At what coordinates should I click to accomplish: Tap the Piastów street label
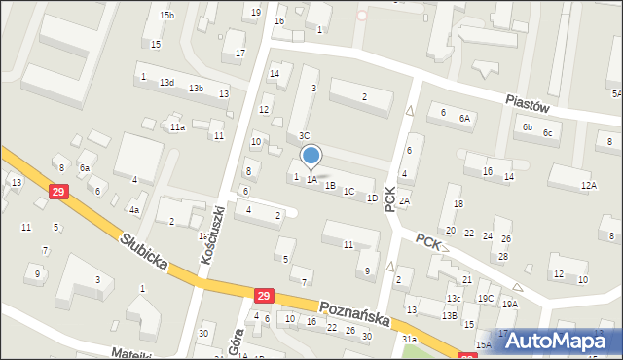click(x=530, y=101)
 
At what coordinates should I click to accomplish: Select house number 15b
click(x=167, y=16)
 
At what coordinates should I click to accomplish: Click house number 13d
click(x=167, y=83)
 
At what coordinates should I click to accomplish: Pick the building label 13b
click(x=196, y=89)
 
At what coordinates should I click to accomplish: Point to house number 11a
click(x=177, y=127)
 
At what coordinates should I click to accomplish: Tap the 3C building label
click(x=304, y=135)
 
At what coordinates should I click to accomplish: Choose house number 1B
click(x=330, y=185)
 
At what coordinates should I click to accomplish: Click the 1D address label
click(x=372, y=198)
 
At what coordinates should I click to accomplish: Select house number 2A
click(x=404, y=201)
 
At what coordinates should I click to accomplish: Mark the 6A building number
click(x=465, y=118)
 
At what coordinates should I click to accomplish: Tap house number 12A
click(x=588, y=185)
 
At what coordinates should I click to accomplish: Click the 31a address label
click(x=410, y=340)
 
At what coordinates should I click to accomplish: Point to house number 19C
click(x=485, y=298)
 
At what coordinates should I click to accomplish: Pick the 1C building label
click(x=348, y=191)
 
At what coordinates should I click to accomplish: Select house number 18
click(x=458, y=203)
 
